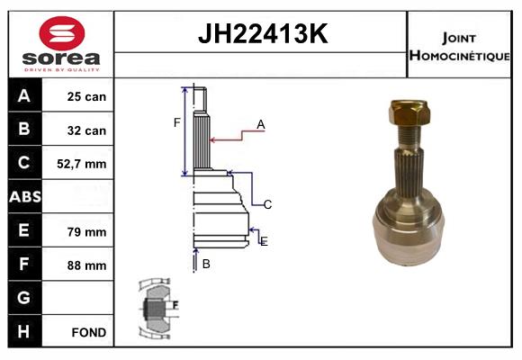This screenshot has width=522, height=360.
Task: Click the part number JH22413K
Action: (261, 35)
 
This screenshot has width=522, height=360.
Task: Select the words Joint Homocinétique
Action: (459, 46)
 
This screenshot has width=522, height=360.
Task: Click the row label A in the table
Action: (23, 96)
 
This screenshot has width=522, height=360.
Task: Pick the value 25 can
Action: (86, 96)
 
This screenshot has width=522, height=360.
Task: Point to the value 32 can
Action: (86, 130)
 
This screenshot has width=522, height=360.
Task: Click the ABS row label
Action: (23, 197)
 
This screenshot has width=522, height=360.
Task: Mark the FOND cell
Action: (88, 332)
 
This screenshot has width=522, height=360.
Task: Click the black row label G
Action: (23, 298)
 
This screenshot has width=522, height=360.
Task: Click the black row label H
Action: (23, 332)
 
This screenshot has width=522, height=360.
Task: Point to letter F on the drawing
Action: (177, 122)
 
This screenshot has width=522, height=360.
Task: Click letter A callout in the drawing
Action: (260, 125)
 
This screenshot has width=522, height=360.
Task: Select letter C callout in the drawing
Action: (267, 204)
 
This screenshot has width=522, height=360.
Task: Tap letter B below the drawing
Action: (206, 264)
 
